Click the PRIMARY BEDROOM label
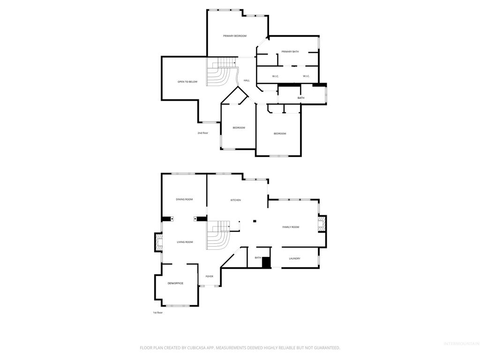(x=234, y=36)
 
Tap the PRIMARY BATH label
(x=290, y=52)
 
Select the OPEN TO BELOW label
(x=187, y=82)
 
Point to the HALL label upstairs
(x=247, y=81)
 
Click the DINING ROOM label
(x=184, y=200)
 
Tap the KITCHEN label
(x=235, y=200)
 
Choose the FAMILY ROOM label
(x=291, y=227)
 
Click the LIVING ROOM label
(x=185, y=242)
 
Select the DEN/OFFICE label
(x=175, y=284)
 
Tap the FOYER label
(x=209, y=277)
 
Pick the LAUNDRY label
(x=294, y=259)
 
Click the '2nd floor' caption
(x=202, y=133)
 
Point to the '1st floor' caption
(x=158, y=313)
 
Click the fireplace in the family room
(x=321, y=224)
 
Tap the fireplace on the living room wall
(x=159, y=243)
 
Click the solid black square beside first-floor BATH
(x=266, y=262)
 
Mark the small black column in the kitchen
(x=255, y=221)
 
